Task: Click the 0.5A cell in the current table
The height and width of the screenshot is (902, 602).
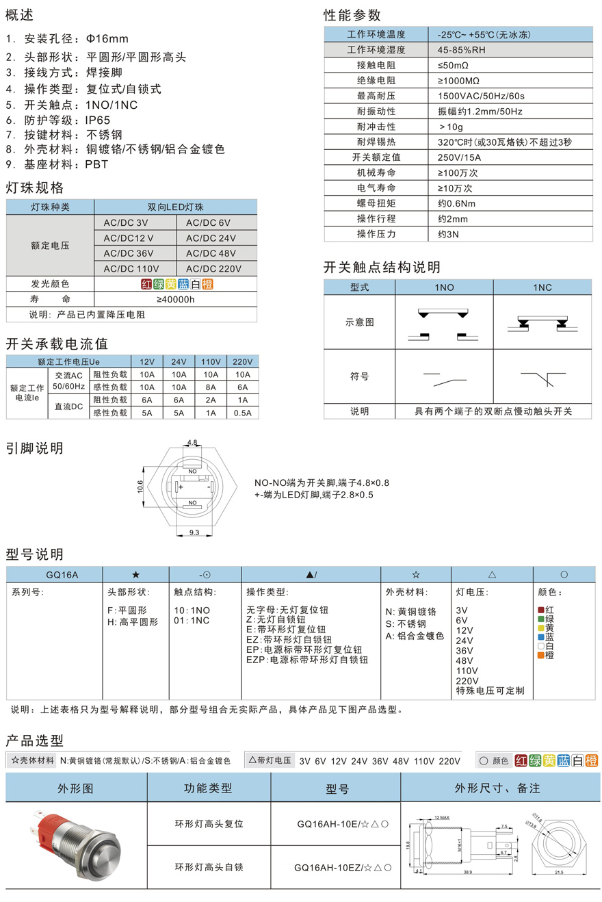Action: click(x=242, y=413)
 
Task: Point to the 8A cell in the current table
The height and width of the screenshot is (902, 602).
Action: click(x=211, y=387)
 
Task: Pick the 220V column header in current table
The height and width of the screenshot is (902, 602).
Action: click(x=242, y=361)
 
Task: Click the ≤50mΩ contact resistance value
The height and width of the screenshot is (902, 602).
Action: click(x=453, y=65)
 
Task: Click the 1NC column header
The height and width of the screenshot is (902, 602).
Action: click(x=542, y=287)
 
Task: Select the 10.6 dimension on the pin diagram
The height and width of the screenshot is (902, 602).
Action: click(x=140, y=486)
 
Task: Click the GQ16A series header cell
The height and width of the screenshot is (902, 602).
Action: click(x=54, y=576)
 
